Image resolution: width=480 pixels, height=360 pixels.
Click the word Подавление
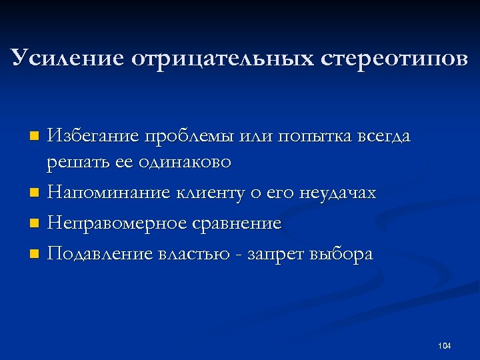(x=99, y=255)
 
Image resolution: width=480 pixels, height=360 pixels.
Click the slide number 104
(x=445, y=345)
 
